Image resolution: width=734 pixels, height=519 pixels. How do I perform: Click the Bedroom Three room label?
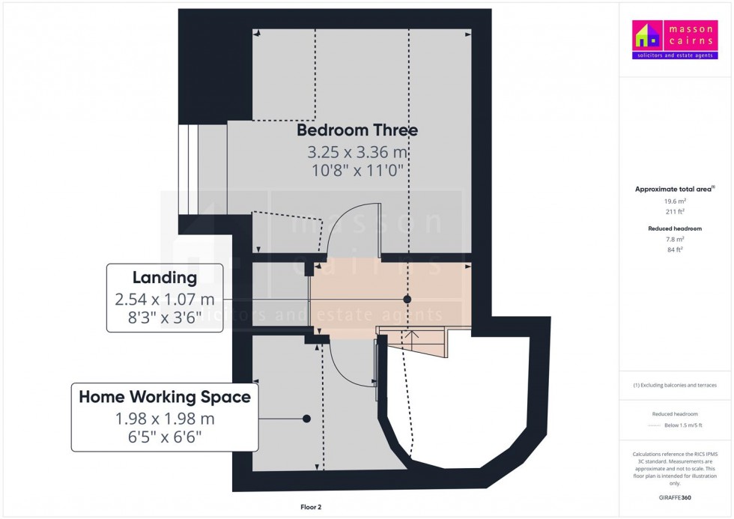coord(357,130)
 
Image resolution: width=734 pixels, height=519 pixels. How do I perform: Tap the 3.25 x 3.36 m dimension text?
coord(357,152)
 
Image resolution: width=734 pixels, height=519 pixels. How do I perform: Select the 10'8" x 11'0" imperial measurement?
coord(357,170)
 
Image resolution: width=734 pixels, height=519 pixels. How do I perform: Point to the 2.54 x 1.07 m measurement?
coord(165,300)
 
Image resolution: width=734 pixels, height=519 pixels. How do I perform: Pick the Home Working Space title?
coord(165,397)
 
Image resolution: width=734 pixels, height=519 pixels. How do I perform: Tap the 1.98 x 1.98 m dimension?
coord(165,419)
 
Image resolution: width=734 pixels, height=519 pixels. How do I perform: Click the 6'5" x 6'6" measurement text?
coord(165,437)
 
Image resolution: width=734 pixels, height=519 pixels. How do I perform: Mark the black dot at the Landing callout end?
coord(407,300)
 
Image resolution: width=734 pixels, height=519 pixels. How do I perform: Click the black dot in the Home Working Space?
coord(306,419)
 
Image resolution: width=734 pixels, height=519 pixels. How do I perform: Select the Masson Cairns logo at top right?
coord(675,40)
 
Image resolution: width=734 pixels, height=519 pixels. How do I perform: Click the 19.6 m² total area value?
coord(675,201)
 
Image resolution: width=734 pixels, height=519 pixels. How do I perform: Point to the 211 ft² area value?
coord(675,211)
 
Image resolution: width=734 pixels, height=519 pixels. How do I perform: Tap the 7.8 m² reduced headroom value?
coord(675,239)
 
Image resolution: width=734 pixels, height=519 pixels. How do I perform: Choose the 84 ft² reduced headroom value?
coord(675,249)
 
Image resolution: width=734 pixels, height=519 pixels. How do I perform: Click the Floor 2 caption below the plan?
coord(311,507)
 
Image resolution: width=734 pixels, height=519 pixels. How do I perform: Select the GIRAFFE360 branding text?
coord(675,498)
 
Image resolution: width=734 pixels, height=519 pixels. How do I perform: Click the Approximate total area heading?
coord(673,189)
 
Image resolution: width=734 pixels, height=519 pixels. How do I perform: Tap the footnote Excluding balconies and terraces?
coord(675,385)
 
